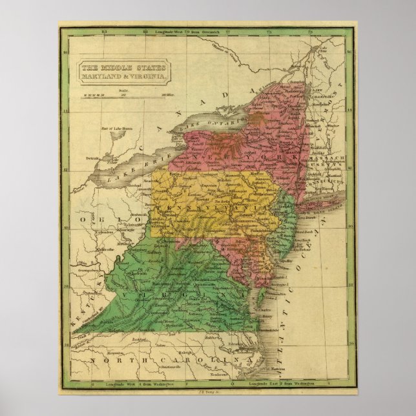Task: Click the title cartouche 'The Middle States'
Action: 123,72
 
